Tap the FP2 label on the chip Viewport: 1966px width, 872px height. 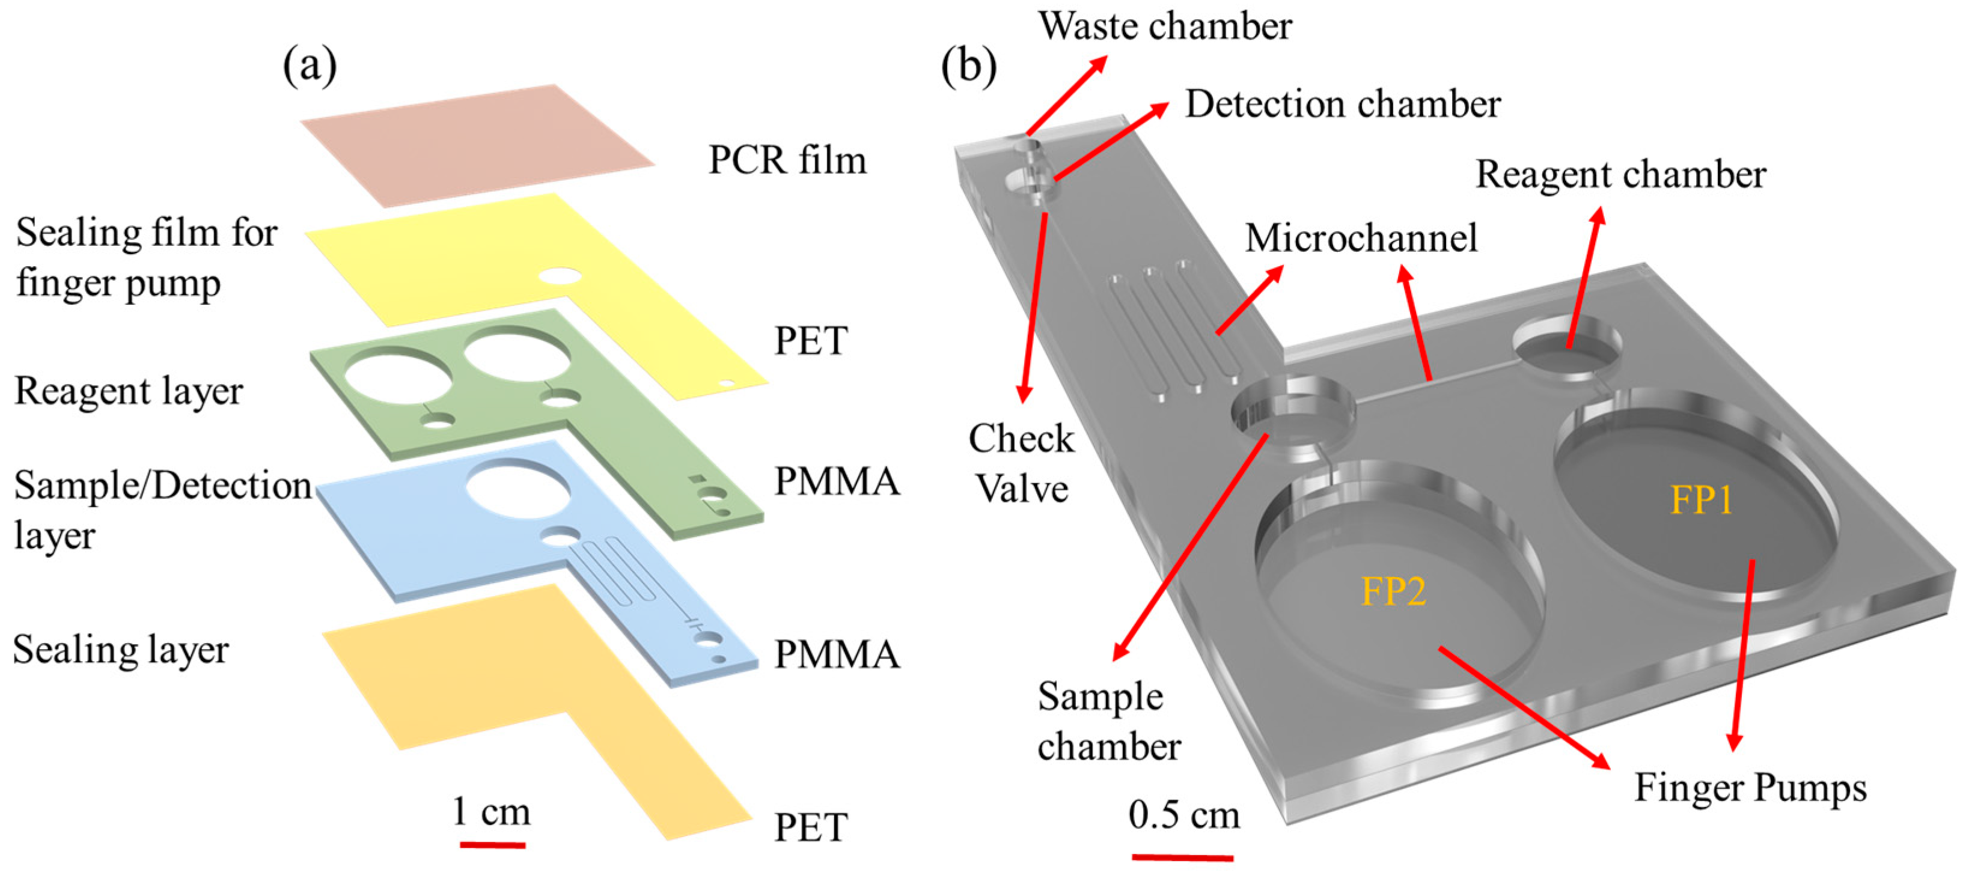pos(1394,592)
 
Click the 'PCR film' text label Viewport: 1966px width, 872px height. pos(787,160)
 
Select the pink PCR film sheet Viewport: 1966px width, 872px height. pos(477,145)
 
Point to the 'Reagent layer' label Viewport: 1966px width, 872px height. pos(128,391)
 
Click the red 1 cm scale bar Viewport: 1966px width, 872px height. pos(492,844)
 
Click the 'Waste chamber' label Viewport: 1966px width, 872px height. pos(1165,26)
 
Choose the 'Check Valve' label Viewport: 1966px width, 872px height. pos(1021,463)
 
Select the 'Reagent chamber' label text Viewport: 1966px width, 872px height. pos(1620,175)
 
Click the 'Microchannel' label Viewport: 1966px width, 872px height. pos(1361,237)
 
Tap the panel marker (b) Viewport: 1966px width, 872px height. pos(968,67)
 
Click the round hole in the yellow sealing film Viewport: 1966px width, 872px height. pos(560,275)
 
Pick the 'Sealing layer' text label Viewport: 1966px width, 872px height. pos(121,650)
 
